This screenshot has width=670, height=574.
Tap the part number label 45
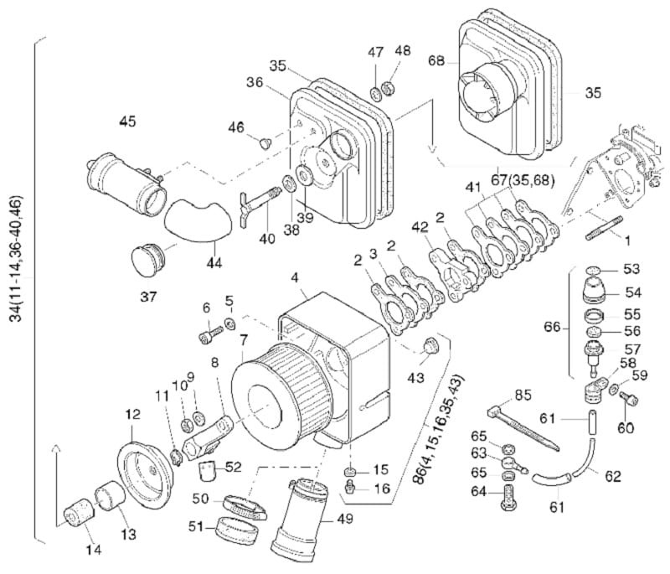tap(127, 122)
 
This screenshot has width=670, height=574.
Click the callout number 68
tap(436, 61)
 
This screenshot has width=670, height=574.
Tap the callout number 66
tap(552, 328)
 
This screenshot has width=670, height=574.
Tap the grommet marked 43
tap(430, 345)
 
